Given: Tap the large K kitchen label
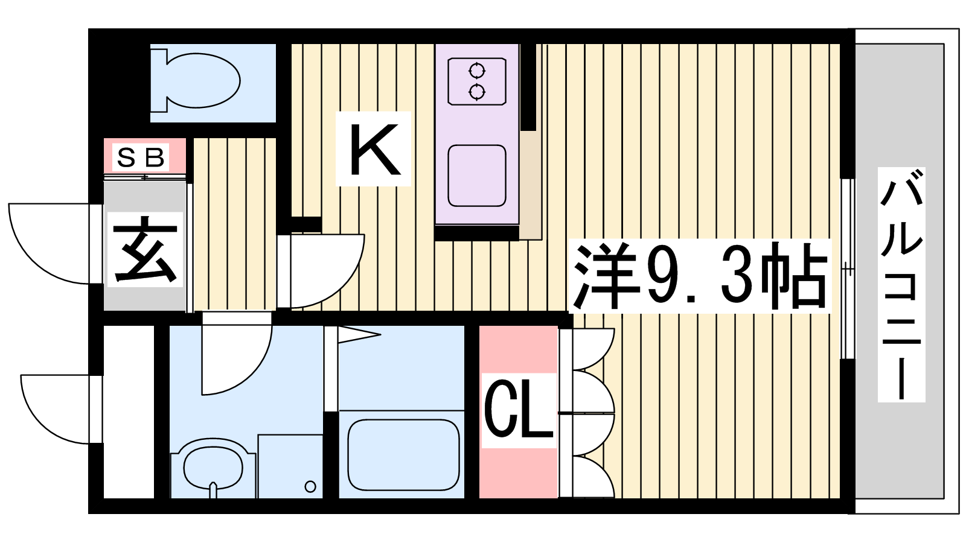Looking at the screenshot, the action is point(374,149).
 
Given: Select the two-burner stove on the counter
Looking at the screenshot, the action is point(476,81).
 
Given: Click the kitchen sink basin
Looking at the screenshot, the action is point(476,176).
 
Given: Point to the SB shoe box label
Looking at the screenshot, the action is point(141,157).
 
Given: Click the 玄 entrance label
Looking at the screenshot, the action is point(145,249).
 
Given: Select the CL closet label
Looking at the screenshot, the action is point(518,410).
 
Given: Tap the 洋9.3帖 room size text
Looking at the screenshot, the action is point(700,276).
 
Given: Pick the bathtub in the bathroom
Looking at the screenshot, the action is point(403,455).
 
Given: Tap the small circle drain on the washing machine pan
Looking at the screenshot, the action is point(310,486).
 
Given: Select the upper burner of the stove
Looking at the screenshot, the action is point(476,71).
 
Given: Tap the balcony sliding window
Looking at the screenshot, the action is point(848,269).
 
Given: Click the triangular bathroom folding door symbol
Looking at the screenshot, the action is point(359,334).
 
